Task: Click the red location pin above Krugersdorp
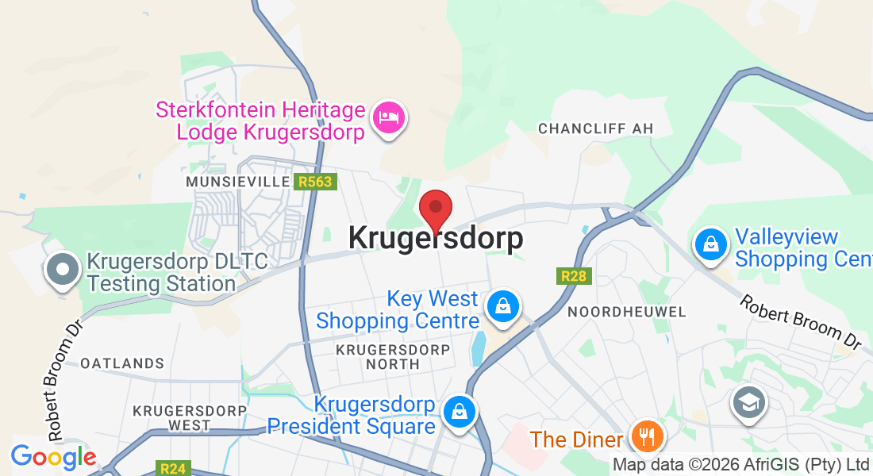[436, 210]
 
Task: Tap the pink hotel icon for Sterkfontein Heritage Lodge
[388, 117]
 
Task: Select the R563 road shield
[315, 182]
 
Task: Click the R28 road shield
[573, 276]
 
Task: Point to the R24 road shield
[172, 468]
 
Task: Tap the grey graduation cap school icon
[748, 403]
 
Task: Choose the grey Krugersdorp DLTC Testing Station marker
[61, 270]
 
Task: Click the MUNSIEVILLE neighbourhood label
[236, 182]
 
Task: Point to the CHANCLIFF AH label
[590, 129]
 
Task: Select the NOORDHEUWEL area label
[627, 312]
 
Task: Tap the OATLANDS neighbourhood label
[122, 363]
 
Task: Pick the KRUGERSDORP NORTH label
[393, 356]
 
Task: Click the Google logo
[53, 457]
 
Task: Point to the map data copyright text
[741, 465]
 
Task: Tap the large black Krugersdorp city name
[436, 238]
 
